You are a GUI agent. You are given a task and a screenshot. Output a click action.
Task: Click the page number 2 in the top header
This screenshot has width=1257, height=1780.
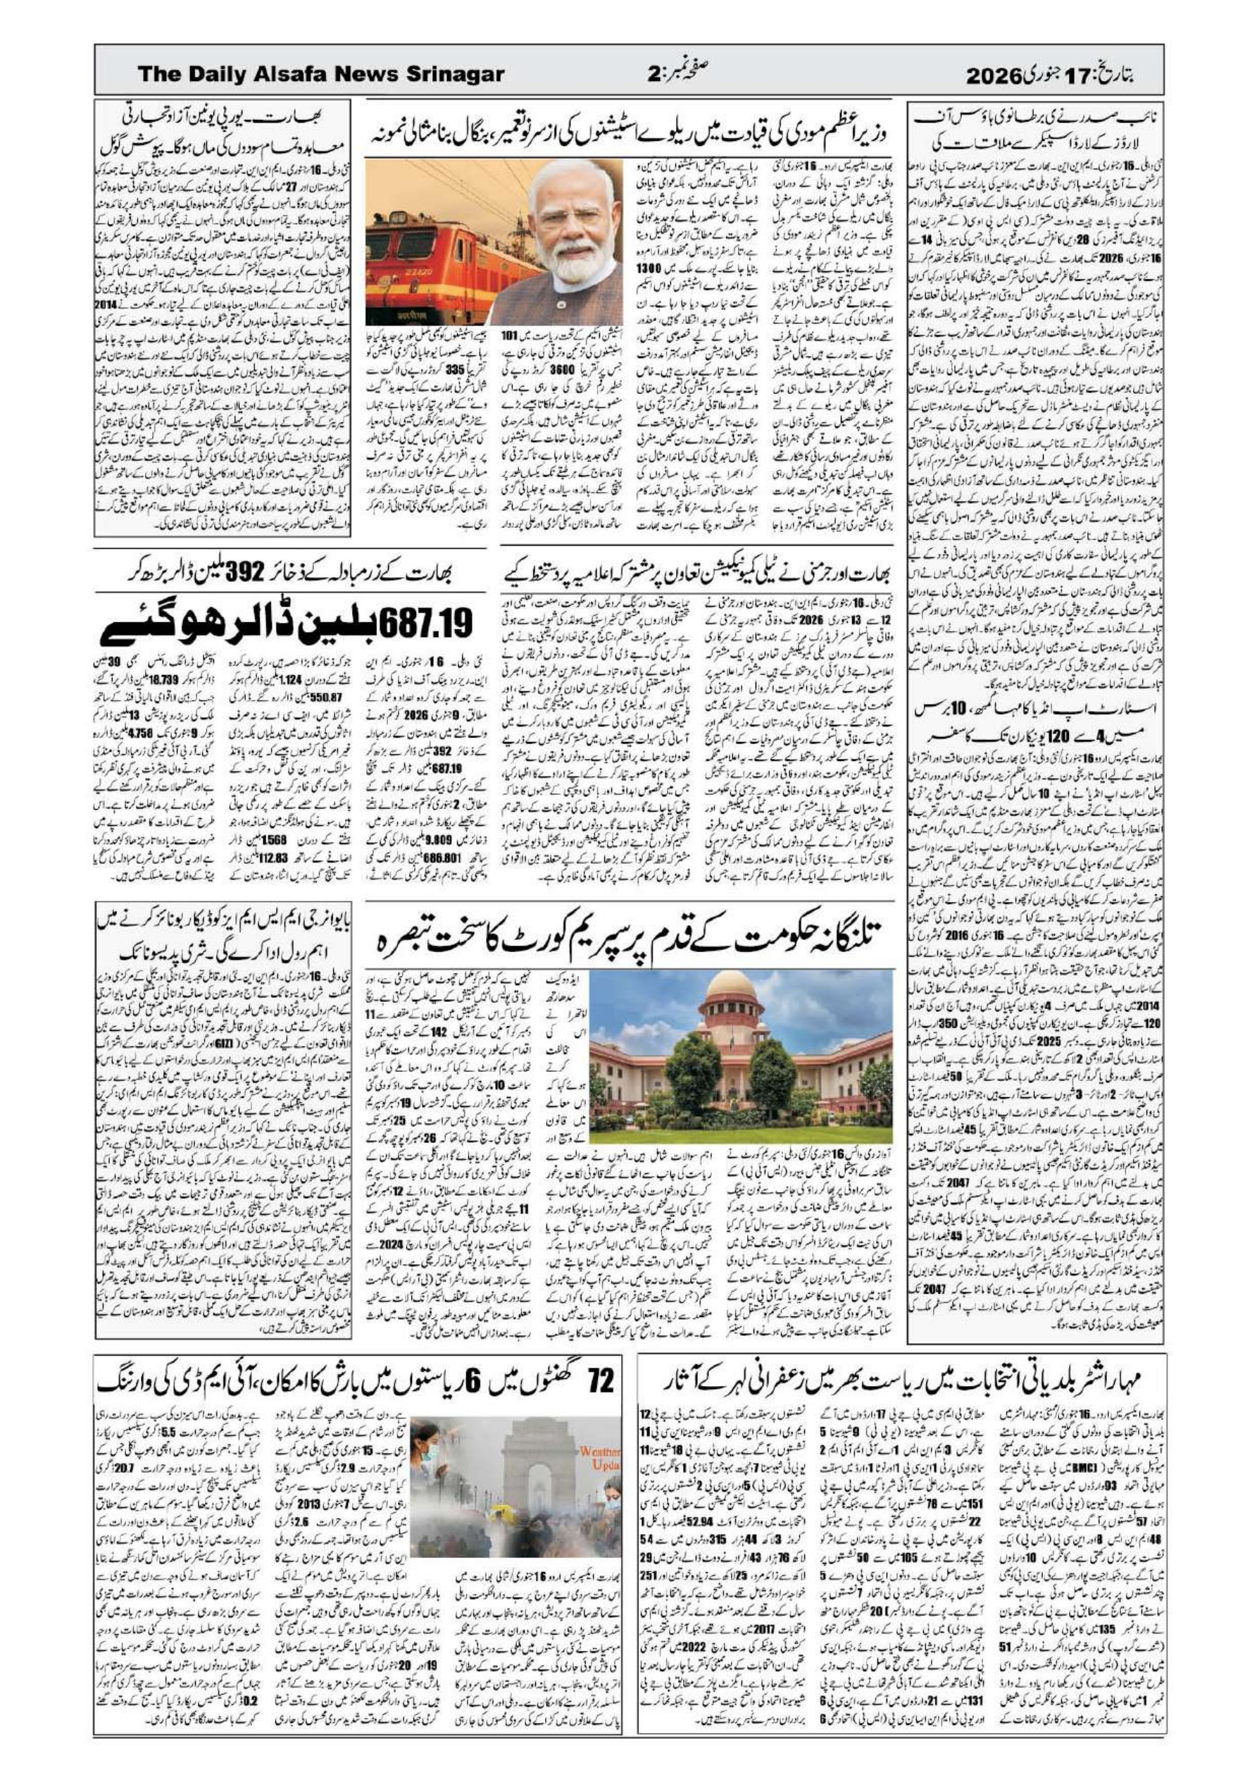pyautogui.click(x=653, y=75)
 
